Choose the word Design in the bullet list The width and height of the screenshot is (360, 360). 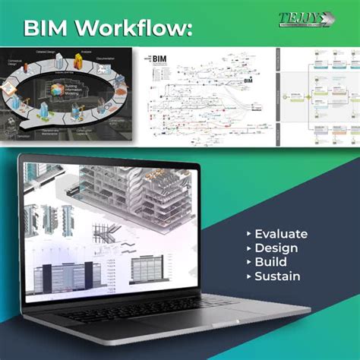tap(276, 248)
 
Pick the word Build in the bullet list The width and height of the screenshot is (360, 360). tap(271, 262)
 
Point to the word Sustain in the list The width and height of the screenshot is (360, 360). tap(277, 276)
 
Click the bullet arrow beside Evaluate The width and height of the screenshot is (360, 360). tap(249, 234)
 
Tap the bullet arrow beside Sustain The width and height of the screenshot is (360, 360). tap(249, 277)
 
